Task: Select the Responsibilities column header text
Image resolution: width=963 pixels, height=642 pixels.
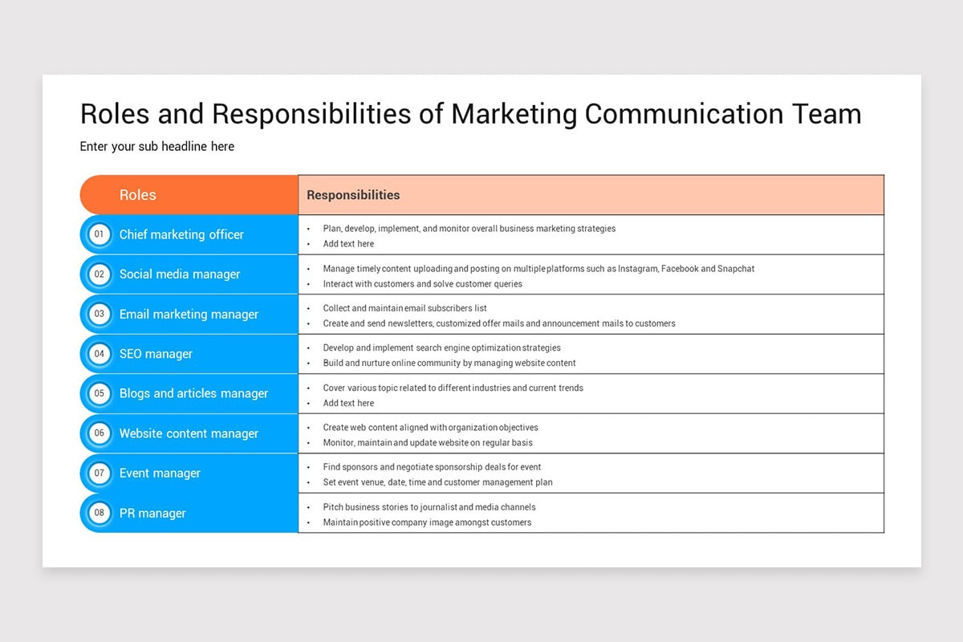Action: point(353,195)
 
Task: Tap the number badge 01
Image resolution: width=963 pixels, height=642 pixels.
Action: point(100,234)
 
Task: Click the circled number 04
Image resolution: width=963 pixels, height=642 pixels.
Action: point(100,354)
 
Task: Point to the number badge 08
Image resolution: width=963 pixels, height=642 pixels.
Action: point(100,513)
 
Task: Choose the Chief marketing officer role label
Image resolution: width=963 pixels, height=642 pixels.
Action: point(181,234)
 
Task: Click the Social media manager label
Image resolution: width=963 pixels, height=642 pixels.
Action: point(180,274)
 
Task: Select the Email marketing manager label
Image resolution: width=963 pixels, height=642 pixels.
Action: point(189,315)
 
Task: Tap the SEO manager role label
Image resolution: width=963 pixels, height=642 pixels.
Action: point(156,354)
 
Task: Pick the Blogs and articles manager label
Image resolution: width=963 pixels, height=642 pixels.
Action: point(193,393)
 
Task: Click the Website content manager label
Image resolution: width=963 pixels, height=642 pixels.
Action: point(189,433)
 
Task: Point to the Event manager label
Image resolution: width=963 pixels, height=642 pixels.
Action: point(160,473)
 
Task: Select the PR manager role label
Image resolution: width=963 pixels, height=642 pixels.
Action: point(152,513)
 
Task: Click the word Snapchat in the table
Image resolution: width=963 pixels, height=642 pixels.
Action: point(736,269)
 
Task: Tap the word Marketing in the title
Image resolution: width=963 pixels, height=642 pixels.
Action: point(514,114)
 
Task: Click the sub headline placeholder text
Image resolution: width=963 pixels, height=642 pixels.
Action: point(157,146)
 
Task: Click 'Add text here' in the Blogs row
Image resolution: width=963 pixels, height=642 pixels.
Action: point(348,403)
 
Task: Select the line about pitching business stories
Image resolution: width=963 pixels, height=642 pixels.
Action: point(429,507)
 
